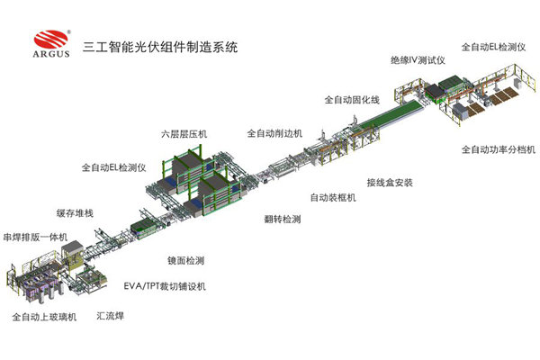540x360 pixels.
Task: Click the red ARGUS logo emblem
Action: point(51,40)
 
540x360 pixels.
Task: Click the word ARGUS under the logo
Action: point(51,54)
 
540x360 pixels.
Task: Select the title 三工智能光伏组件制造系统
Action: point(160,47)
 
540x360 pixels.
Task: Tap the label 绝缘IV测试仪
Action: point(418,60)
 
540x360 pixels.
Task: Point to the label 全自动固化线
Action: point(352,100)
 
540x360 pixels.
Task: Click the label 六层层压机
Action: point(184,134)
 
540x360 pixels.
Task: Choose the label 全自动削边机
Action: point(274,133)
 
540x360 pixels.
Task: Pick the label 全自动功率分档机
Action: point(499,149)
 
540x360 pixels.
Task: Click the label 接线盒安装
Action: point(390,182)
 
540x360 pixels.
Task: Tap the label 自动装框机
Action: point(333,197)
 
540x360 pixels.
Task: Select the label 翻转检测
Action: point(283,219)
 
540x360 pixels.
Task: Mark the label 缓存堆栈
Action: point(75,213)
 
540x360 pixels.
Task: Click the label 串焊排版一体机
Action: point(35,237)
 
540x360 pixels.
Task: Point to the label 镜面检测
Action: point(186,260)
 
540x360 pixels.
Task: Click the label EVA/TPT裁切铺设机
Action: point(165,286)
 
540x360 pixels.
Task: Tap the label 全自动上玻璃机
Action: point(44,317)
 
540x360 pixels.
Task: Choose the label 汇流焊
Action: point(110,316)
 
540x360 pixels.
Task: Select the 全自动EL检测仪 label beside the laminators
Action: point(113,167)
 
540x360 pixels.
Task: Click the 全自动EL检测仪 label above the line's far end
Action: point(493,47)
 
